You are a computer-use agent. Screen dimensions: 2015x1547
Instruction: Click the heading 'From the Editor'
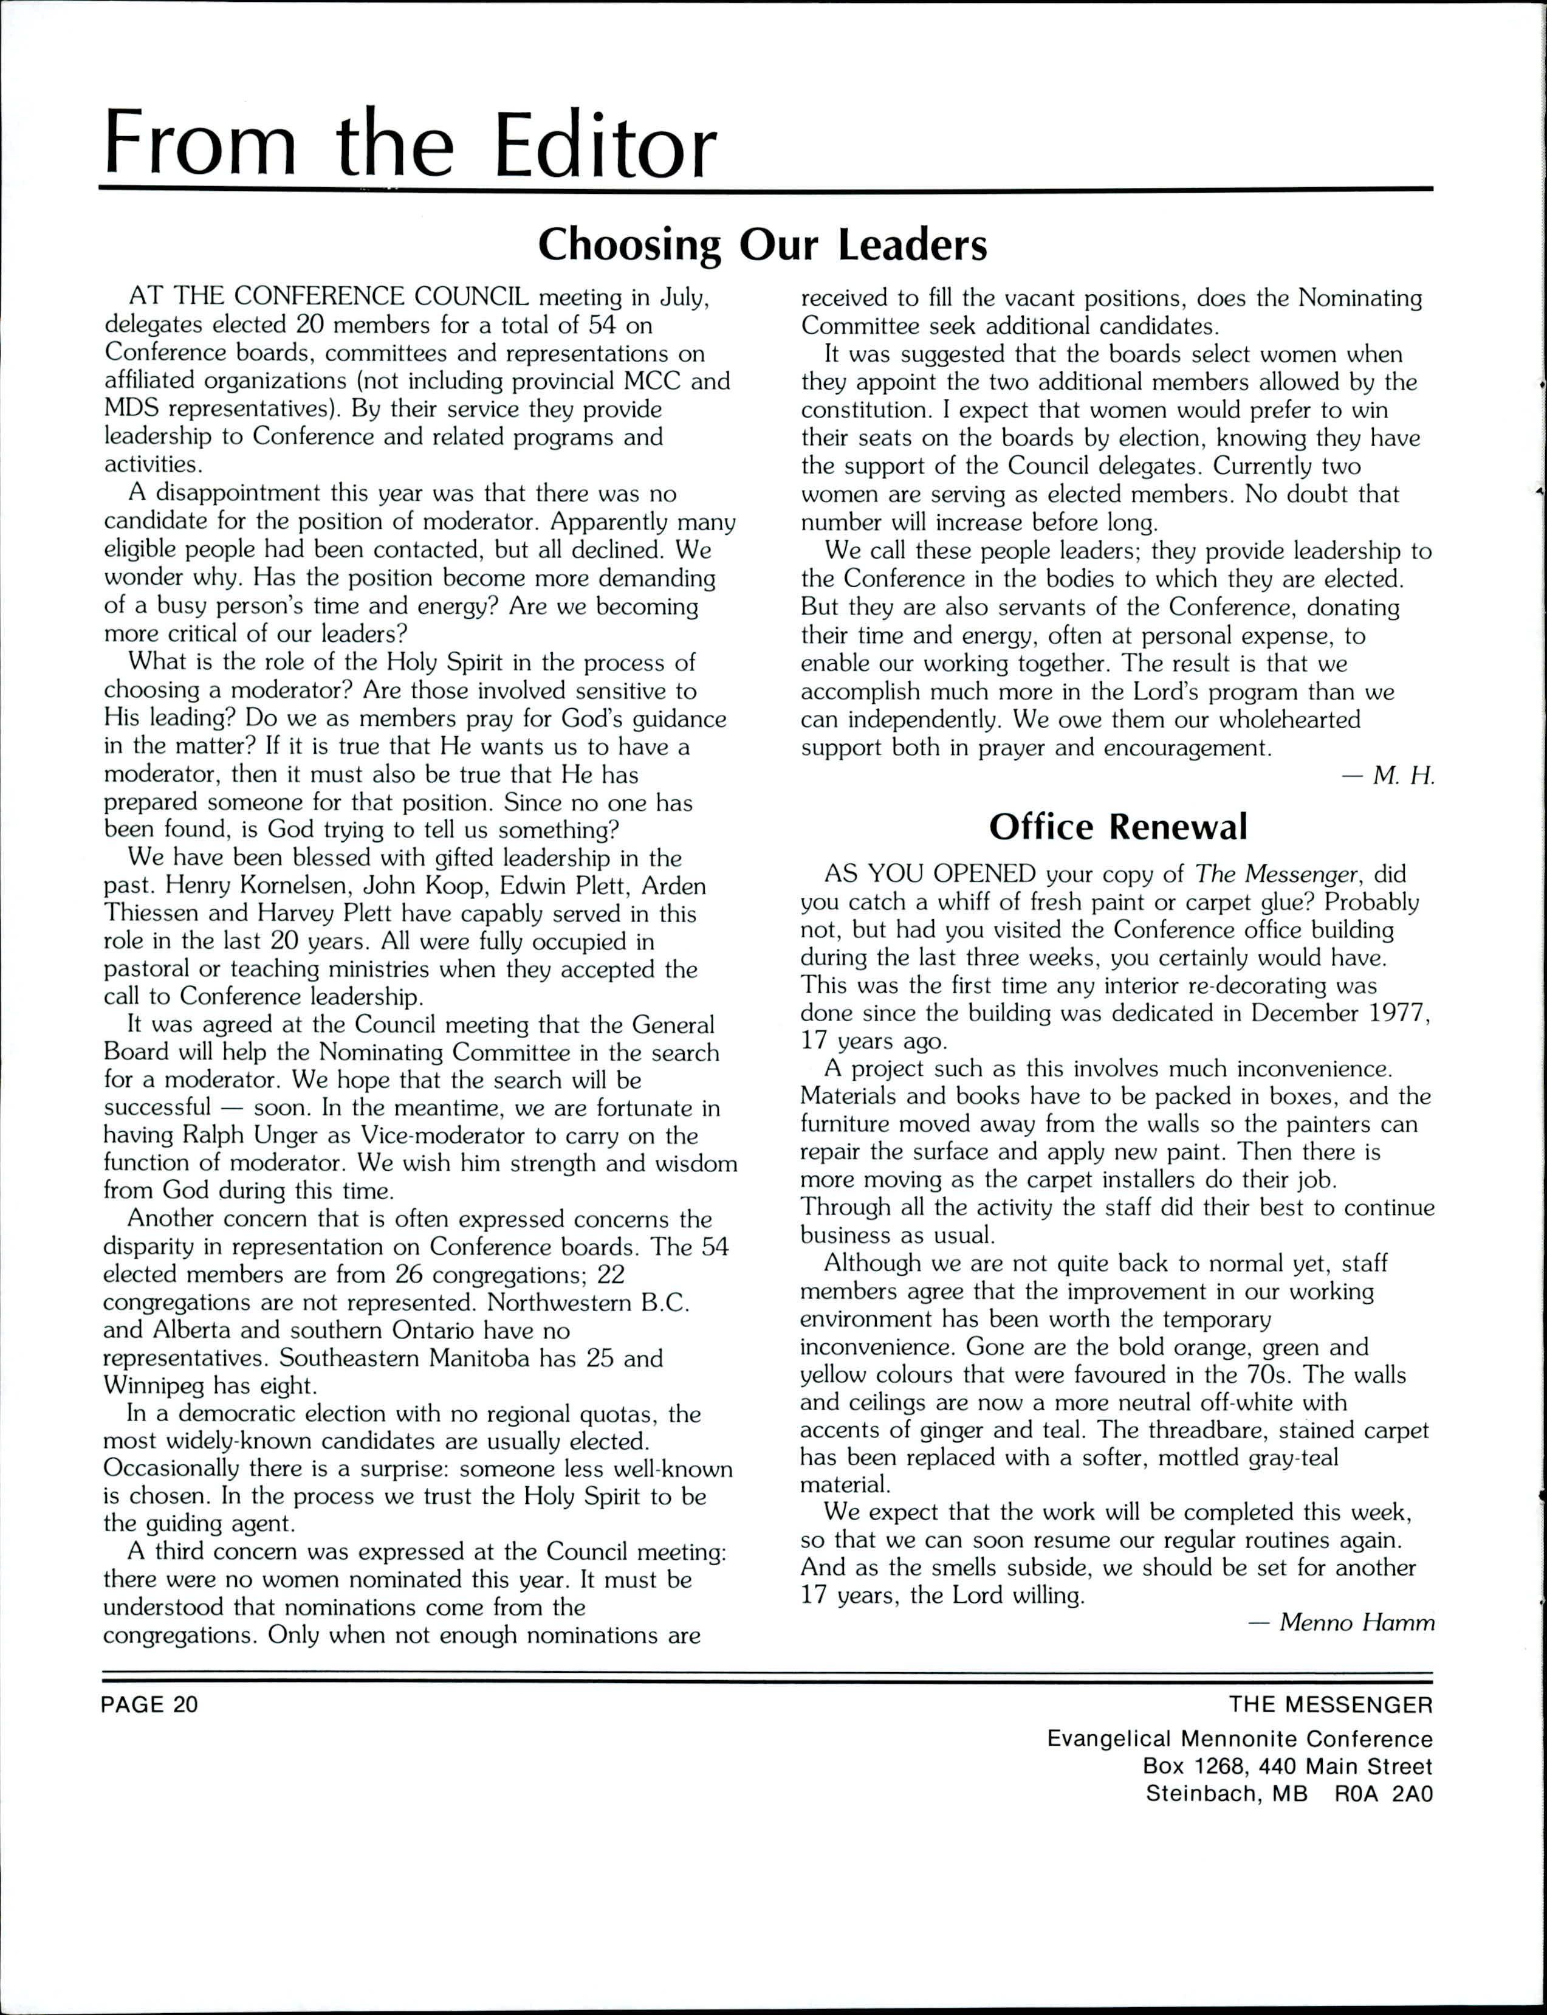(x=410, y=145)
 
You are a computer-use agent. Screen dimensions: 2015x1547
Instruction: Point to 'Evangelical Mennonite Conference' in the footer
(x=1240, y=1738)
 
